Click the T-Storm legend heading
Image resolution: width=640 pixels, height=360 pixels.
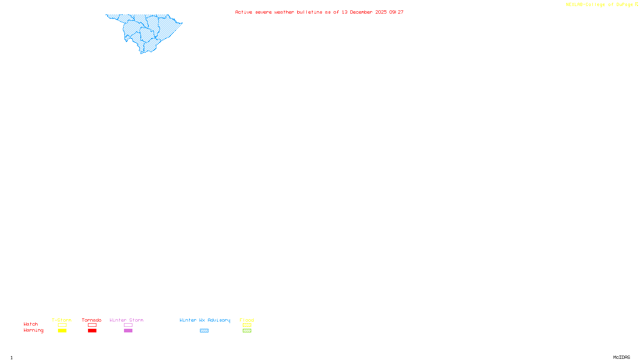pyautogui.click(x=62, y=320)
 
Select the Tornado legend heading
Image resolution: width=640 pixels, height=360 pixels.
pyautogui.click(x=92, y=320)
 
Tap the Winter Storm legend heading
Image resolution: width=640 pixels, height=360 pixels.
pyautogui.click(x=126, y=320)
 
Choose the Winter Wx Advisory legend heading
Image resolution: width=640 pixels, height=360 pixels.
pyautogui.click(x=205, y=320)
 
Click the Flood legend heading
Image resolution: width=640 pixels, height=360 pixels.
pyautogui.click(x=247, y=320)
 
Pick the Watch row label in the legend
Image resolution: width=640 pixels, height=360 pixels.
pyautogui.click(x=31, y=324)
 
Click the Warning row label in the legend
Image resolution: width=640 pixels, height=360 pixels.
pyautogui.click(x=34, y=330)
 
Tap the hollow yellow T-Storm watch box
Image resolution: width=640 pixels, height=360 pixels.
pyautogui.click(x=62, y=325)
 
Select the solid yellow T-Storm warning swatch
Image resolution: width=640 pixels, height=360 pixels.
pyautogui.click(x=62, y=331)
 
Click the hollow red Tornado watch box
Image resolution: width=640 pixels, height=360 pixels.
pyautogui.click(x=92, y=325)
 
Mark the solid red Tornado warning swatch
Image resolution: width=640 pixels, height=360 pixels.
pyautogui.click(x=92, y=331)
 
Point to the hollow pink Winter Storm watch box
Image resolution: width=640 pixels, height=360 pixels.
pyautogui.click(x=128, y=325)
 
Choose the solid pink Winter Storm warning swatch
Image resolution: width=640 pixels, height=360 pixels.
pyautogui.click(x=128, y=331)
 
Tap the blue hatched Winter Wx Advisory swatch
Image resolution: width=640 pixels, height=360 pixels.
pyautogui.click(x=204, y=331)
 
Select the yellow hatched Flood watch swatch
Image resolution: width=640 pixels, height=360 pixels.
pyautogui.click(x=247, y=325)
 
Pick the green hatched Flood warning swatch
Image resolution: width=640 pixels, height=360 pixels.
pyautogui.click(x=247, y=331)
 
